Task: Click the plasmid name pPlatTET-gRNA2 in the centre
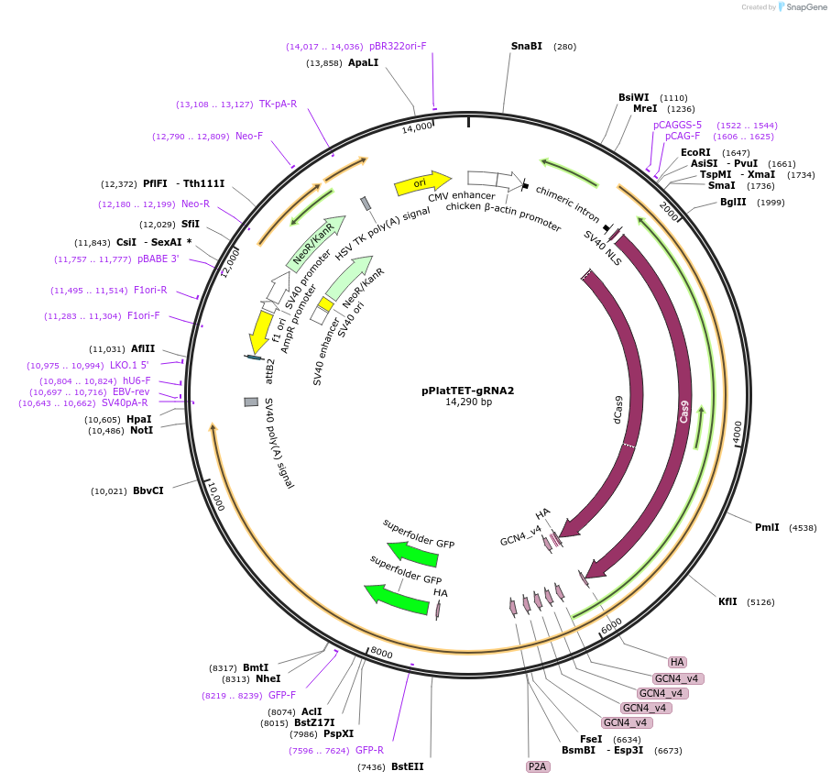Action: (468, 390)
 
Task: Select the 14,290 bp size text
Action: (468, 402)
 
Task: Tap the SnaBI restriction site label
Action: (527, 46)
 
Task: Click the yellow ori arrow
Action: (422, 183)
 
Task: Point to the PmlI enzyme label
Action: (767, 527)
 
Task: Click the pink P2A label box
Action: (537, 766)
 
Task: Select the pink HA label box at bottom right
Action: (677, 662)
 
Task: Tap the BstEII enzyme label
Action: (408, 766)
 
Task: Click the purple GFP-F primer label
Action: (282, 695)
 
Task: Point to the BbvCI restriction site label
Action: (148, 490)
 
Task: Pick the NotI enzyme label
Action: (141, 430)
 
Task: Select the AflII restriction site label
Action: (142, 348)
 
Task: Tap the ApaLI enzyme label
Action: (363, 62)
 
